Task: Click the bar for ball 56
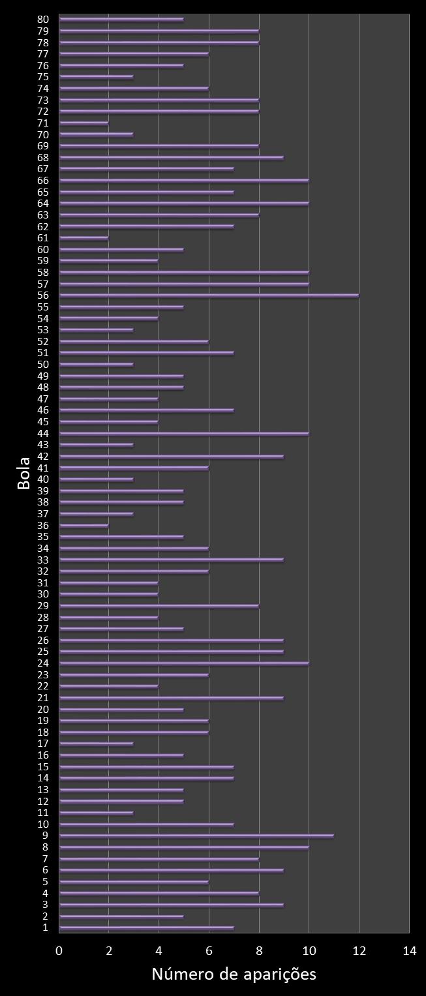click(x=209, y=295)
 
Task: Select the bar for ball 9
click(x=196, y=836)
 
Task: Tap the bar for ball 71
click(x=84, y=123)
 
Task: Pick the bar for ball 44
click(x=184, y=433)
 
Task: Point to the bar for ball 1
click(x=146, y=928)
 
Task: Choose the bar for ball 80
click(x=121, y=19)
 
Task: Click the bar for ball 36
click(x=84, y=525)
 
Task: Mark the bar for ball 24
click(x=184, y=663)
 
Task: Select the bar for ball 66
click(x=184, y=180)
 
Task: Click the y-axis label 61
click(x=44, y=238)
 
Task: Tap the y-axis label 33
click(x=44, y=560)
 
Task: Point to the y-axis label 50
click(x=44, y=365)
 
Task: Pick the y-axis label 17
click(x=44, y=744)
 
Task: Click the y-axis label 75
click(x=44, y=77)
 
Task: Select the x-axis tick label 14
click(x=409, y=951)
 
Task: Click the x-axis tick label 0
click(x=59, y=951)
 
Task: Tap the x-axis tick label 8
click(x=259, y=951)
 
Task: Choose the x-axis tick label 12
click(x=359, y=951)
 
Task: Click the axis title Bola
click(x=24, y=474)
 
